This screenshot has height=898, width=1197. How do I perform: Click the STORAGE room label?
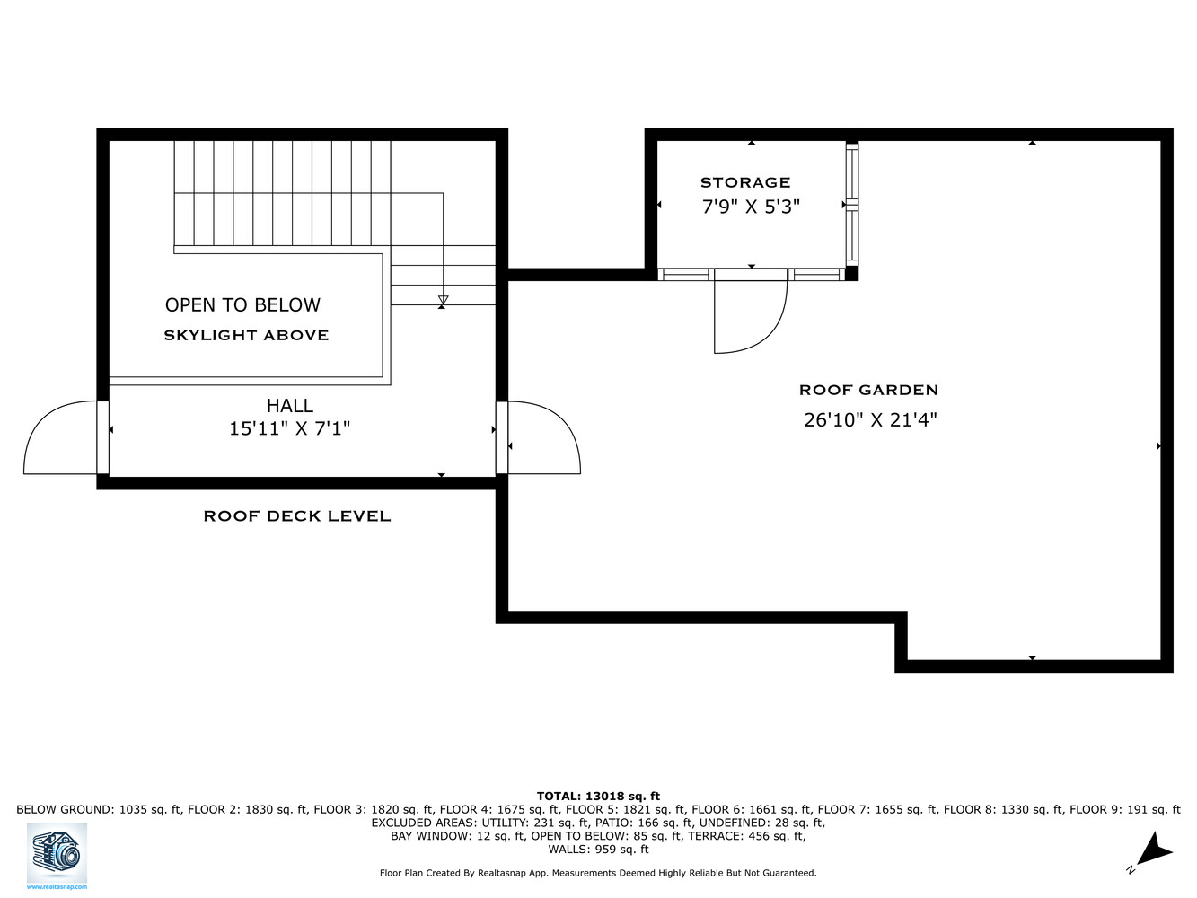745,182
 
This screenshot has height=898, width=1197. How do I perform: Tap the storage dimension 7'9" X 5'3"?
751,207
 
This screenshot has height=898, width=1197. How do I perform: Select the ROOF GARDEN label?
868,390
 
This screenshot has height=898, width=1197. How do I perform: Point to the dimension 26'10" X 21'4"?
870,419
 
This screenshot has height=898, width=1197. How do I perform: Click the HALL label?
289,406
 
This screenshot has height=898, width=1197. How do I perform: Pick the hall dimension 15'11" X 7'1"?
289,429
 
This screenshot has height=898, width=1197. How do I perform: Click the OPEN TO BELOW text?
242,305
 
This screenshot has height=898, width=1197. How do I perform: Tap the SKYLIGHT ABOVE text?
246,336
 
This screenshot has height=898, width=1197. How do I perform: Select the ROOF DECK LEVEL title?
297,516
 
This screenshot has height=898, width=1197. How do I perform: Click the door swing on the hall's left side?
59,440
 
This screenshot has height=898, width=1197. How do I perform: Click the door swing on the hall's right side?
543,440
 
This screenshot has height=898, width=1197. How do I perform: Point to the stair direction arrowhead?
443,301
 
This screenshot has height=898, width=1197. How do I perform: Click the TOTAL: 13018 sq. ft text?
598,796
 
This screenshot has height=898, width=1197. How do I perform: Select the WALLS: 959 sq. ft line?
598,850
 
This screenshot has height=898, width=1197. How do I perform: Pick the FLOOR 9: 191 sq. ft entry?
1124,809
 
